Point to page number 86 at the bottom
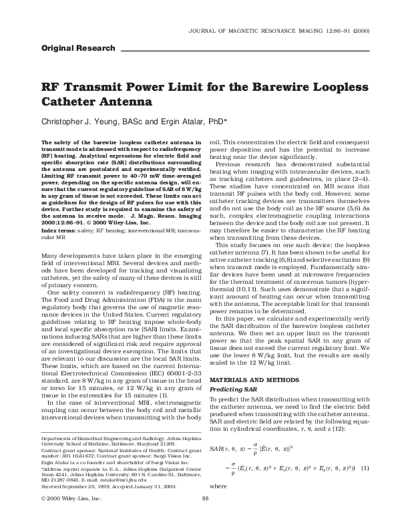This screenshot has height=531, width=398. tap(206, 518)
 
